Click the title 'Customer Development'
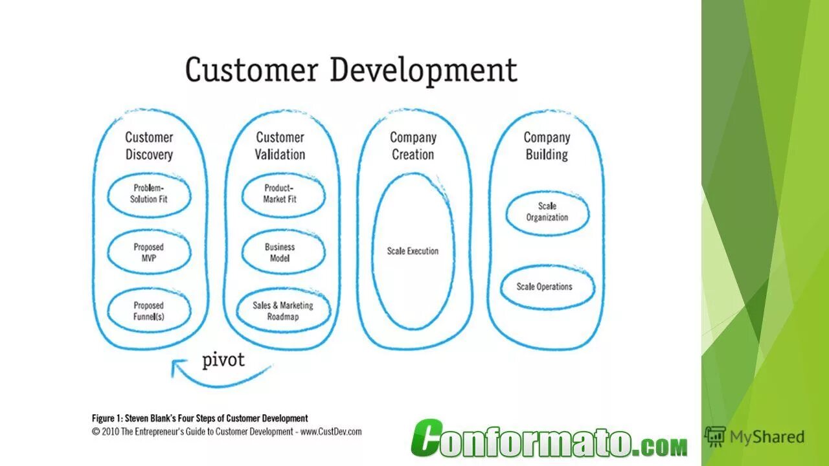click(351, 70)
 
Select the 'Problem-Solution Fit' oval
click(149, 194)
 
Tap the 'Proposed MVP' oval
click(149, 252)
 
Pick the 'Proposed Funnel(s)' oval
click(149, 311)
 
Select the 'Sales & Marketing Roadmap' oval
click(282, 311)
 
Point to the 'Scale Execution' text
click(413, 251)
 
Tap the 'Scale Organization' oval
click(547, 212)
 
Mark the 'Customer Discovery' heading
click(149, 146)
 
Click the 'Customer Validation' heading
click(280, 146)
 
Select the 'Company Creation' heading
click(413, 146)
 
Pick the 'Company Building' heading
click(547, 146)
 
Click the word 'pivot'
click(223, 360)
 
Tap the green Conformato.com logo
click(549, 440)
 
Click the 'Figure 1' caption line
click(199, 418)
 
